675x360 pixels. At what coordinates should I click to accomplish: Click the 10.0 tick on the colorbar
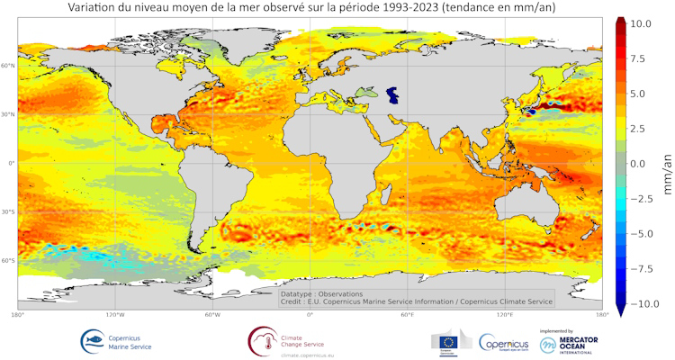pos(647,23)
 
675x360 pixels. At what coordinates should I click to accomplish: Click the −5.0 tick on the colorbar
pos(645,234)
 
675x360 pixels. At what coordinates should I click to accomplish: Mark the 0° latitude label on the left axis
pos(12,164)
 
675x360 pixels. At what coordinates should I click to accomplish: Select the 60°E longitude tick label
pos(407,316)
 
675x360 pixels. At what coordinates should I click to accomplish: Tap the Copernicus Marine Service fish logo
pos(92,341)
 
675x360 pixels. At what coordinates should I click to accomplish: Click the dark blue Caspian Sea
pos(391,94)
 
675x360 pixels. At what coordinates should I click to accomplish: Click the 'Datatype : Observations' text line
pos(321,293)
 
